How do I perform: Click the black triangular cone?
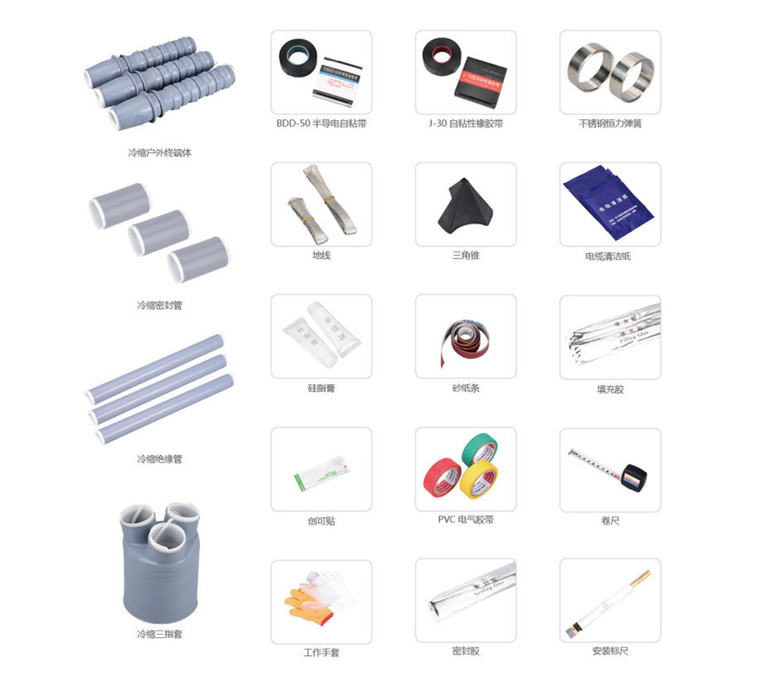[x=462, y=206]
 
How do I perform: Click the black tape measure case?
[x=634, y=477]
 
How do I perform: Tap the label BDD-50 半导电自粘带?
[x=321, y=123]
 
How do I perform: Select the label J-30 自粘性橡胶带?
[x=465, y=123]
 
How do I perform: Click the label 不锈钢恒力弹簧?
[x=609, y=123]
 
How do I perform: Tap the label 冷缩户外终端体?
[x=159, y=153]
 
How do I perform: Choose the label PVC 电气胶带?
[x=465, y=520]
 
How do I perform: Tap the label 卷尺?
[x=609, y=521]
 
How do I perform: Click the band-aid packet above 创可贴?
[x=321, y=475]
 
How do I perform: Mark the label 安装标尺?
[x=609, y=651]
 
